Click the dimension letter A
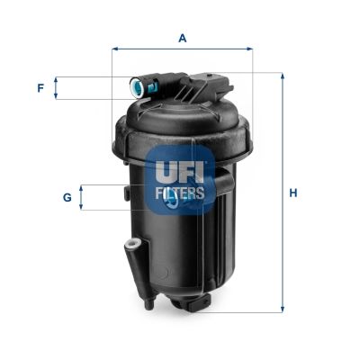pyautogui.click(x=182, y=38)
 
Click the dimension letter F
pyautogui.click(x=40, y=87)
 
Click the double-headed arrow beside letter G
pyautogui.click(x=83, y=196)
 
